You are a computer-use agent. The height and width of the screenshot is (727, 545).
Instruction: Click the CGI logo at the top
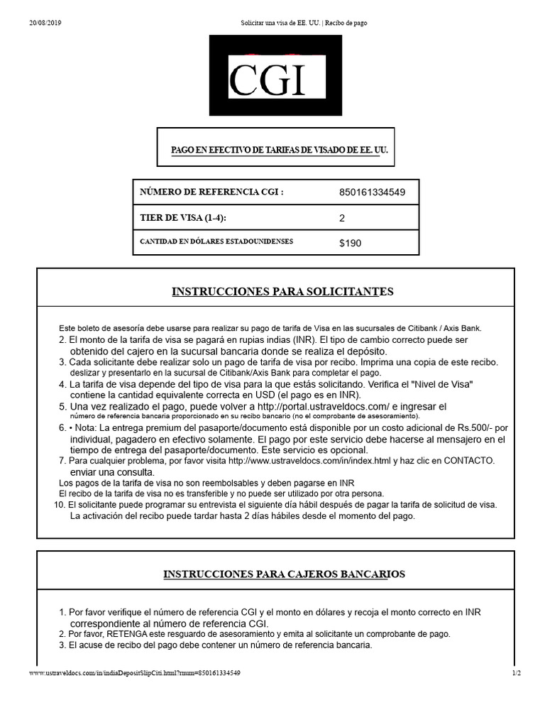pyautogui.click(x=275, y=76)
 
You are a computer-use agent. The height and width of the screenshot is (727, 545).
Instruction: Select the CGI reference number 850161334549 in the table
pyautogui.click(x=372, y=192)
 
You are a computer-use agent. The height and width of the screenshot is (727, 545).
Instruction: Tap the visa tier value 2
pyautogui.click(x=342, y=218)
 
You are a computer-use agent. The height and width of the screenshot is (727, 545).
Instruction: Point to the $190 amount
pyautogui.click(x=350, y=243)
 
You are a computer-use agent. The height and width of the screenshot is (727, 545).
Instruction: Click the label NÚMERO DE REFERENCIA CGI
pyautogui.click(x=211, y=192)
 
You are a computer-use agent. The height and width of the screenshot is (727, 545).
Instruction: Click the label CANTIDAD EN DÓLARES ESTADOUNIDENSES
pyautogui.click(x=216, y=242)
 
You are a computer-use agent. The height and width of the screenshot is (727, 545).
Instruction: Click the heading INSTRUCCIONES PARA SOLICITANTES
pyautogui.click(x=282, y=292)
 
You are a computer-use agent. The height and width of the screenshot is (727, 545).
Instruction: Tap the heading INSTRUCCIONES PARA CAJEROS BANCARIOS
pyautogui.click(x=284, y=574)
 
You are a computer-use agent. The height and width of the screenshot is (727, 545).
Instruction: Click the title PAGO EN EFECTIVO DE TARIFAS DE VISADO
pyautogui.click(x=280, y=151)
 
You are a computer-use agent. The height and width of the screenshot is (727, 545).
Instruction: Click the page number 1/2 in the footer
pyautogui.click(x=516, y=673)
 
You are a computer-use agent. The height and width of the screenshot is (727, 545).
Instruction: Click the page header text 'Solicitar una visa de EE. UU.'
pyautogui.click(x=280, y=23)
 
